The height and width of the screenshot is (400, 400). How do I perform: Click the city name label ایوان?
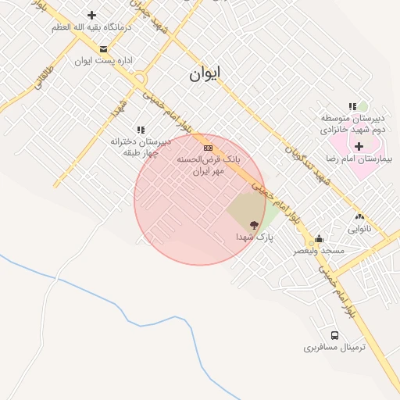click(x=205, y=74)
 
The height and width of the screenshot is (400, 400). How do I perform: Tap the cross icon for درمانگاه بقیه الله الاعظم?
click(x=91, y=15)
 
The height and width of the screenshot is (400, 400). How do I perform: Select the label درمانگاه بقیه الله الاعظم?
click(x=91, y=27)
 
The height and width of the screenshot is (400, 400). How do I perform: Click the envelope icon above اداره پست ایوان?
click(x=103, y=48)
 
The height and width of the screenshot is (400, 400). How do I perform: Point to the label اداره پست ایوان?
click(x=104, y=60)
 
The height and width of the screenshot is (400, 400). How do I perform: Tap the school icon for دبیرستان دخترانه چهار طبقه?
click(x=141, y=130)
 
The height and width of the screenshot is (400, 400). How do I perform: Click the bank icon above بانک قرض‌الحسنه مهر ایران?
click(x=208, y=147)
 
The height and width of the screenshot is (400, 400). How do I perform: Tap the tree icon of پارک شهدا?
click(x=252, y=223)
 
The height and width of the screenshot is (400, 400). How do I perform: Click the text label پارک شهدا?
click(x=255, y=236)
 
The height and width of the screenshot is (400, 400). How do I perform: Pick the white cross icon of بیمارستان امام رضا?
click(x=359, y=145)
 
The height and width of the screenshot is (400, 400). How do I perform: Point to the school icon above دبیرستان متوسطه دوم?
click(x=352, y=106)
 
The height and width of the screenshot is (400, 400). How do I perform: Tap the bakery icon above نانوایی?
click(x=359, y=216)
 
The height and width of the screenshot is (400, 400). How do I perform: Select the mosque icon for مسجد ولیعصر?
click(x=319, y=239)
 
